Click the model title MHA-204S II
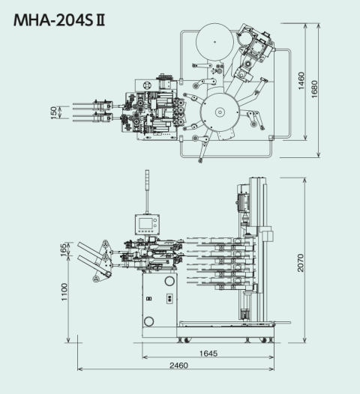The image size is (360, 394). point(59,20)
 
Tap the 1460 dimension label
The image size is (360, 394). point(301,81)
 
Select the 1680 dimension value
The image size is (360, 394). point(314,89)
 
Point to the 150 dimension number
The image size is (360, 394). point(53,113)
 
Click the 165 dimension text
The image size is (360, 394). point(64,249)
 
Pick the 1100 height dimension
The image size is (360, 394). point(64,292)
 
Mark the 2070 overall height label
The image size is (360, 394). point(301,263)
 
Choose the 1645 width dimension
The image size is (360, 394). point(208,354)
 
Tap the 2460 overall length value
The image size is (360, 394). point(178,366)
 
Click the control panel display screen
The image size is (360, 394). point(146,223)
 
